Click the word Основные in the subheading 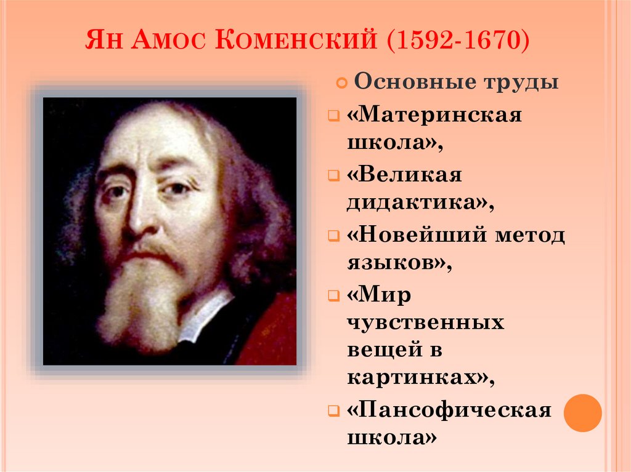(407, 82)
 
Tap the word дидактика (416, 202)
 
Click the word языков (394, 263)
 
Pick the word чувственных (425, 322)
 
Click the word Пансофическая (449, 410)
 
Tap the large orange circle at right (582, 413)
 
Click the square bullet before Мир (333, 296)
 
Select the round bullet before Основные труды (340, 83)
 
